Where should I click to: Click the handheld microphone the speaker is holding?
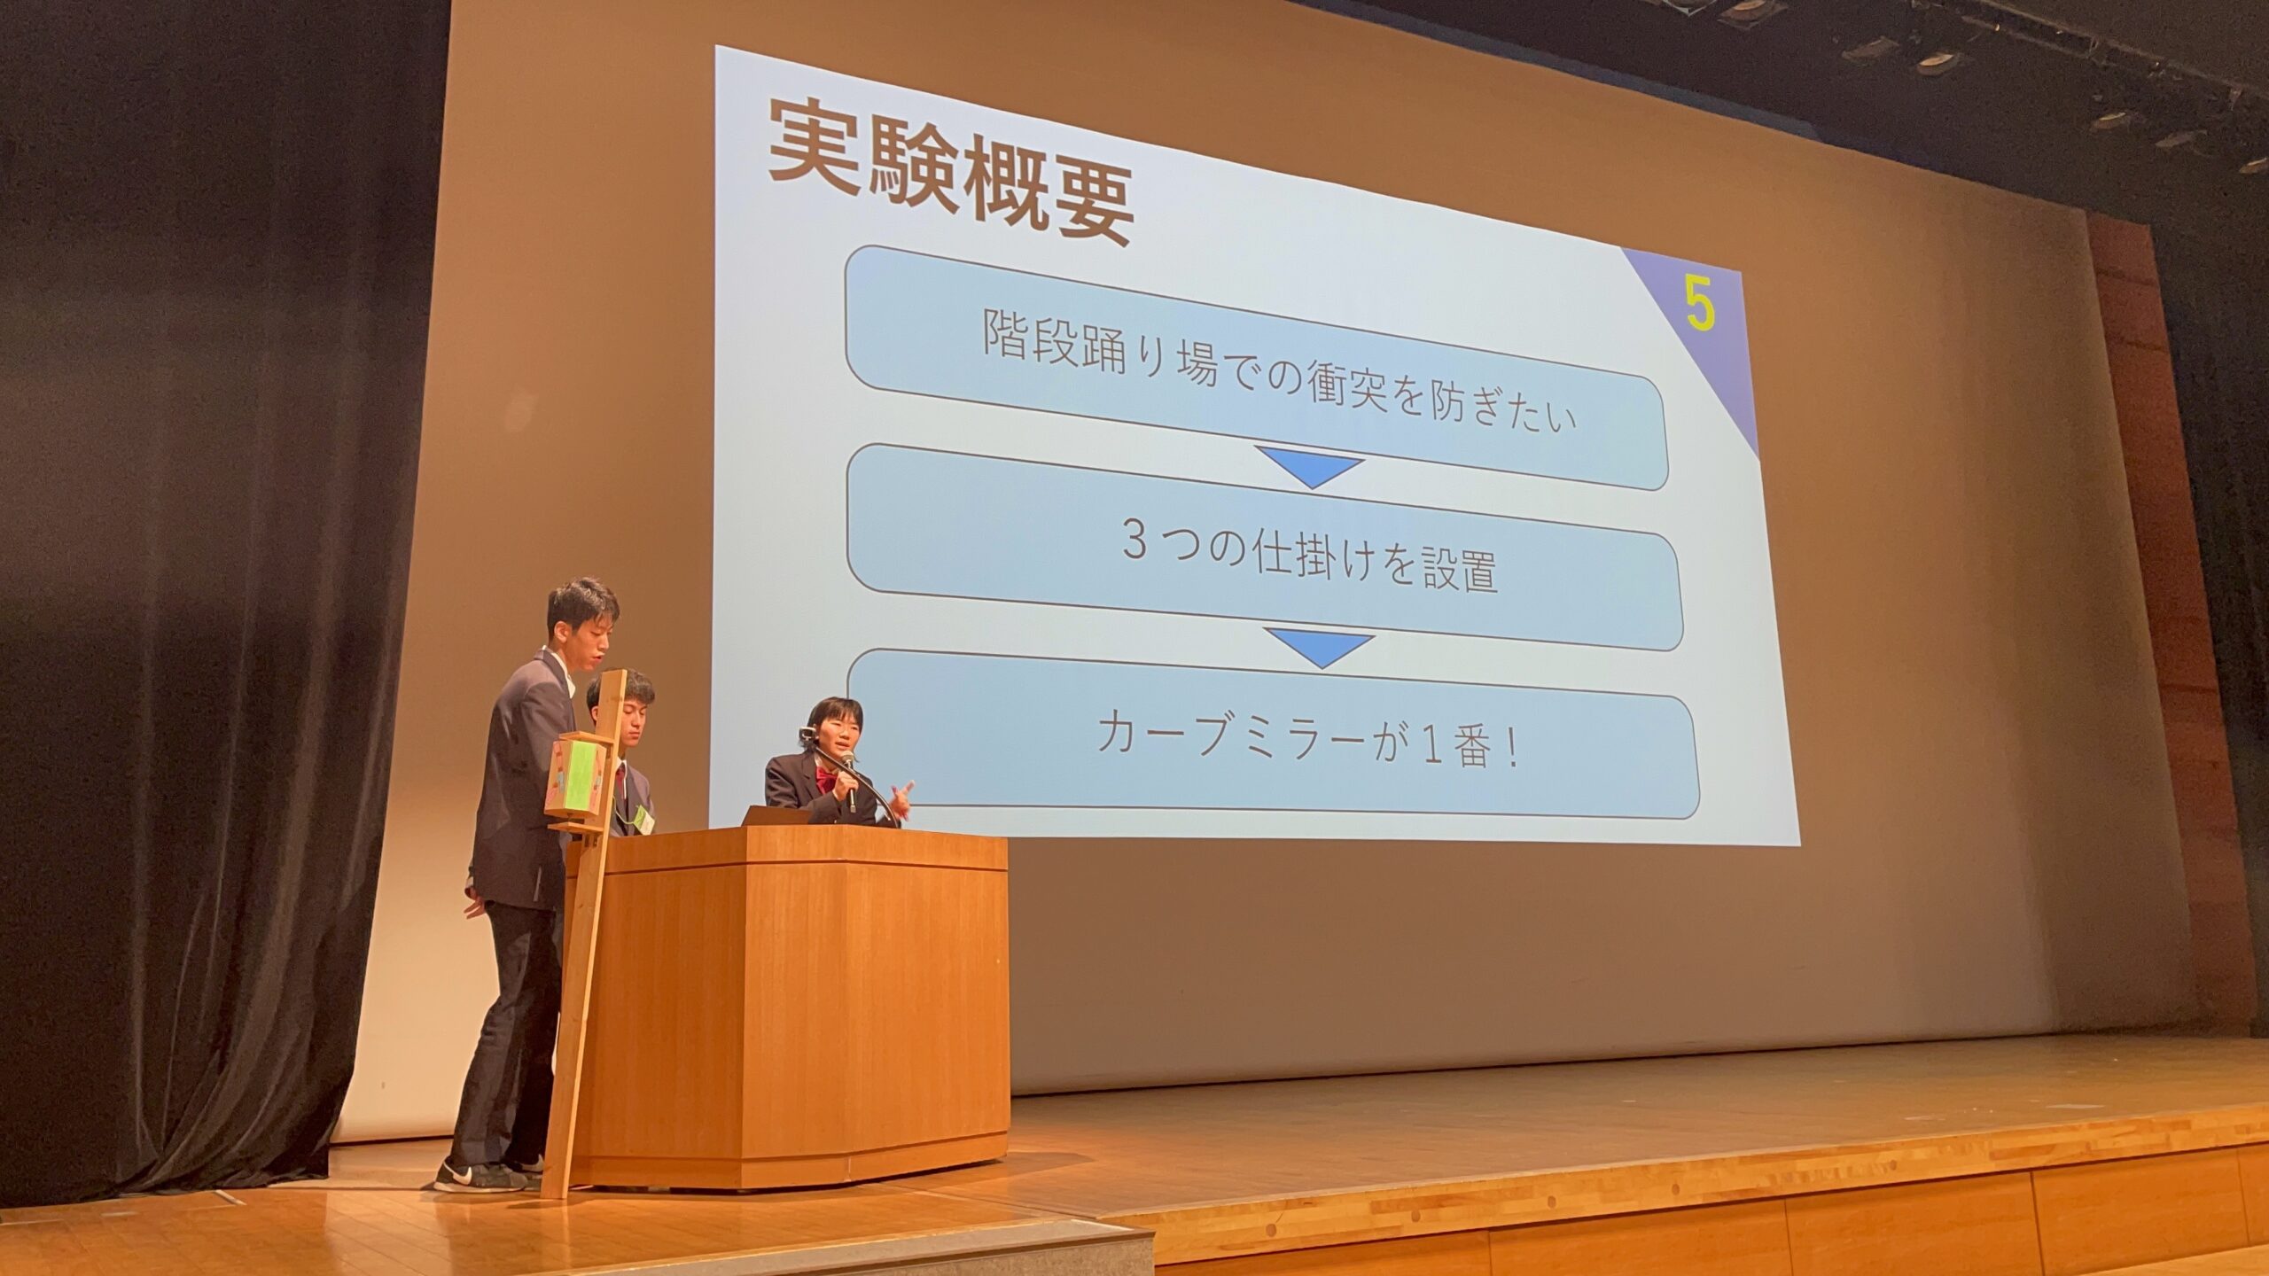pos(848,780)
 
